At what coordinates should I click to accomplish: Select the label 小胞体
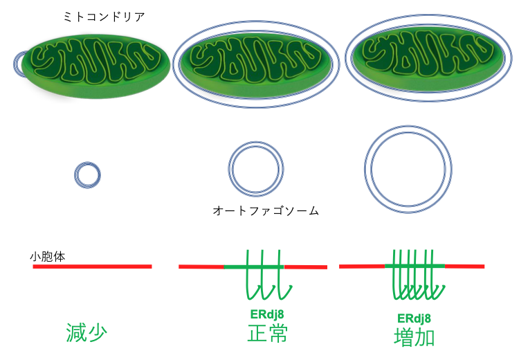click(48, 256)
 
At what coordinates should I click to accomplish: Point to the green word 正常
click(267, 333)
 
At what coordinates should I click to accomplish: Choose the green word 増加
click(415, 336)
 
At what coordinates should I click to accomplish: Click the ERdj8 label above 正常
click(266, 314)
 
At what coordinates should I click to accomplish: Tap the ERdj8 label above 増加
click(415, 318)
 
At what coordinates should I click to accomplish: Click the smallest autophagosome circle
click(87, 174)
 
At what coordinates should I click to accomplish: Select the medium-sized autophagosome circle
click(256, 170)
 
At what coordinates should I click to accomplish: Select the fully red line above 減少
click(92, 266)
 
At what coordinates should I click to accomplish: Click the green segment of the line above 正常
click(253, 266)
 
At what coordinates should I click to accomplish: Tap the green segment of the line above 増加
click(414, 266)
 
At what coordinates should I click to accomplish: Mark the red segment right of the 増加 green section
click(464, 266)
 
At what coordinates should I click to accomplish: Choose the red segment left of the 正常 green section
click(201, 266)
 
